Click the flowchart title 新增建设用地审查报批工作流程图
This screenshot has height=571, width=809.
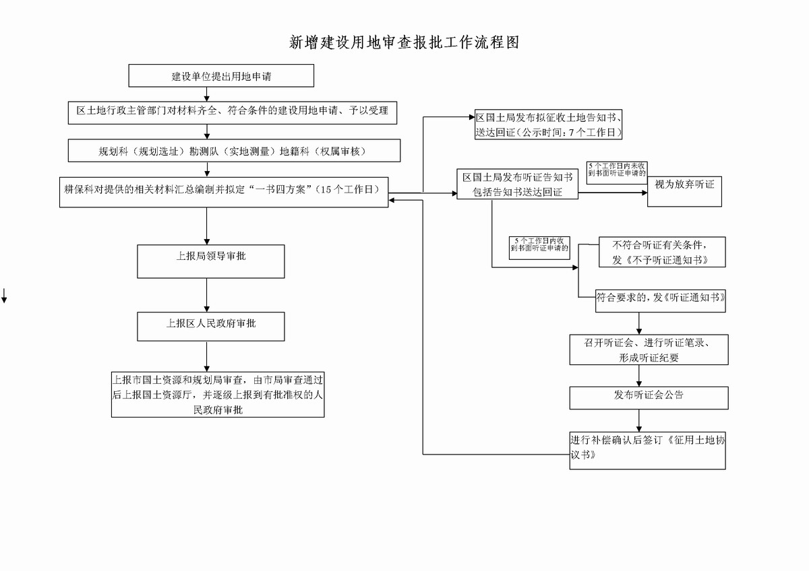click(404, 43)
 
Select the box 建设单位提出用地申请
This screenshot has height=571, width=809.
click(221, 76)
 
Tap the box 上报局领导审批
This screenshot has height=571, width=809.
click(211, 261)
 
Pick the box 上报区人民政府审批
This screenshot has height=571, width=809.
click(211, 326)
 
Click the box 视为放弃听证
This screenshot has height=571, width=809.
click(684, 190)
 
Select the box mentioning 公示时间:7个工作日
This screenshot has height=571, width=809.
click(547, 124)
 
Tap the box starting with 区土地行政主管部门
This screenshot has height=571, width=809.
click(232, 112)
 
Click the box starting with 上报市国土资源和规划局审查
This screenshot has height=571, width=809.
click(218, 395)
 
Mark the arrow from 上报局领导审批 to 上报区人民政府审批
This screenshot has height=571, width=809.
click(207, 295)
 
